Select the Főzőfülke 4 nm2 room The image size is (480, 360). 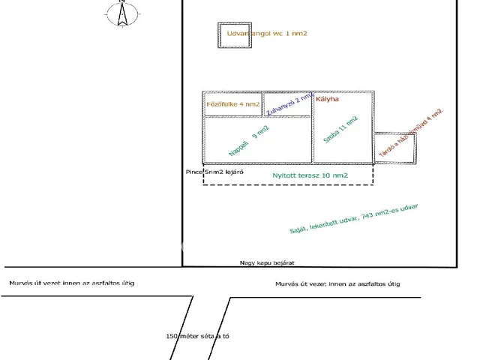(232, 104)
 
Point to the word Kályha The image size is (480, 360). (328, 99)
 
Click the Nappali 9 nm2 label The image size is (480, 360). (249, 141)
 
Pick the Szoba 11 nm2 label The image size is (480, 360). (340, 130)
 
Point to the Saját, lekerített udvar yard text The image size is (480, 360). (358, 219)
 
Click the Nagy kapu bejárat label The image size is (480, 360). (266, 263)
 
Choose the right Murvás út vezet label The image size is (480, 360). (337, 283)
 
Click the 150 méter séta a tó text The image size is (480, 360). (197, 336)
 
